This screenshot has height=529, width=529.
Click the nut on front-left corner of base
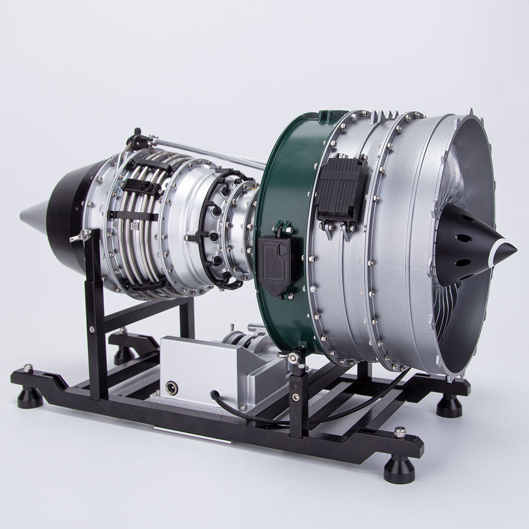coord(28,367)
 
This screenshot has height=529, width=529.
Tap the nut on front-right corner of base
coord(399,431)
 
